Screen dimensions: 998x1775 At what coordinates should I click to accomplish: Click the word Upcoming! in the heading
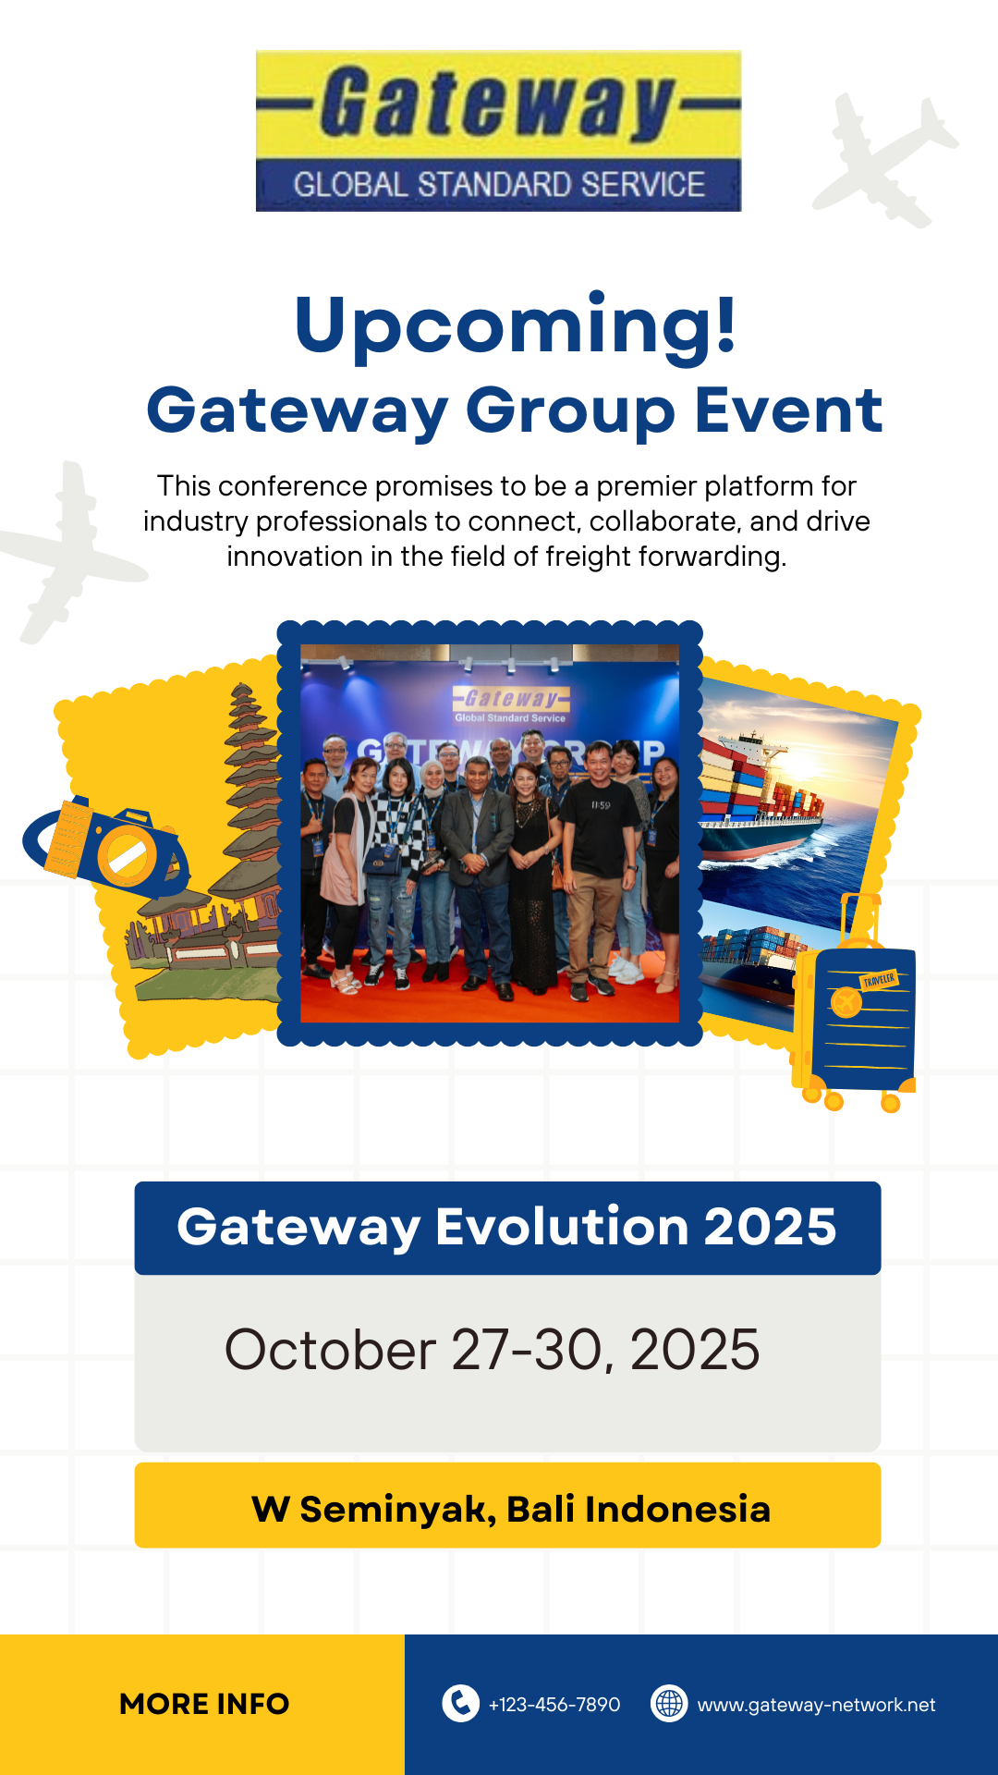[516, 325]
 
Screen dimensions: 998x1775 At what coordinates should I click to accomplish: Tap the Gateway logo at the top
[499, 130]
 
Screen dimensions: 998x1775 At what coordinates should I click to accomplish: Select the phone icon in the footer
[460, 1703]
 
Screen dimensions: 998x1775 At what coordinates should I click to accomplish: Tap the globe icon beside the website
[669, 1703]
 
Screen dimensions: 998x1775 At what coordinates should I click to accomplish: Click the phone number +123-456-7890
[554, 1705]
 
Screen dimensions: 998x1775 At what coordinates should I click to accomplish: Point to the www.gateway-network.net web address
[816, 1705]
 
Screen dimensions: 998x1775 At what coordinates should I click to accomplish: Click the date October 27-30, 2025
[492, 1350]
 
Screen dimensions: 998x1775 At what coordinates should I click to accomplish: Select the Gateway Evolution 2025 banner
[507, 1228]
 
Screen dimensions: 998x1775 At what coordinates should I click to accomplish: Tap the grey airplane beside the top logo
[885, 160]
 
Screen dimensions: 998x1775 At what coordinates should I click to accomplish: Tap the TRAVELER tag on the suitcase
[879, 980]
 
